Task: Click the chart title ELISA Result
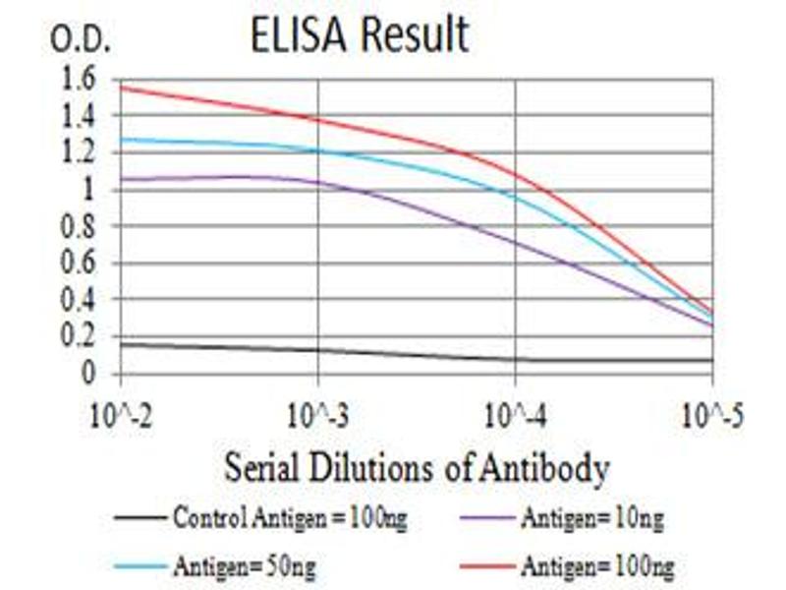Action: (360, 36)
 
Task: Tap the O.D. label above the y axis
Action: (82, 40)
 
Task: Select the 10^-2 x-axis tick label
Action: (121, 412)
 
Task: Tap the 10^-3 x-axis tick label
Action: (317, 412)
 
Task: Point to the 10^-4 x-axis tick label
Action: (515, 412)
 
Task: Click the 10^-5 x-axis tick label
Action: (710, 412)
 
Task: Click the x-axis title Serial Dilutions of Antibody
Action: (417, 467)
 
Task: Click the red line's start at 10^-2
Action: (121, 87)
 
